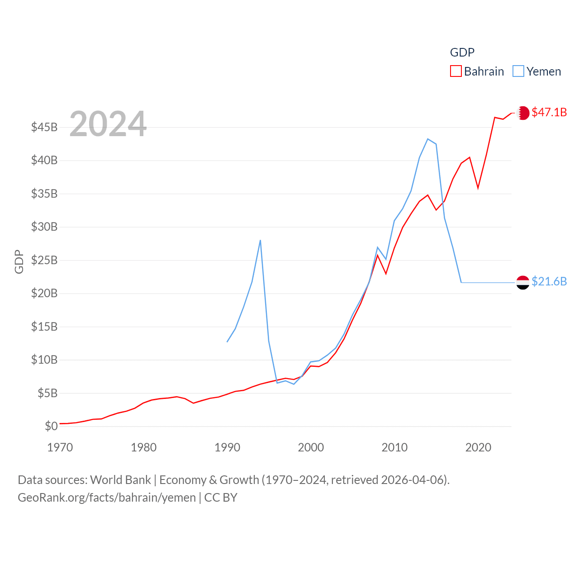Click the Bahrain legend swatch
point(456,71)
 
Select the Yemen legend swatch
point(518,71)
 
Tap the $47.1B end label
point(549,112)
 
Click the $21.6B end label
point(549,281)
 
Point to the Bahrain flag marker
point(523,113)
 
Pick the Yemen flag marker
point(523,282)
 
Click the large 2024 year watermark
point(108,123)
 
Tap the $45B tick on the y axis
point(44,127)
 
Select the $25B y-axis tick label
point(44,260)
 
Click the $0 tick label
point(51,426)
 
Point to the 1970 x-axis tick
point(60,447)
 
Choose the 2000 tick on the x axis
point(311,447)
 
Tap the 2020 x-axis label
point(478,447)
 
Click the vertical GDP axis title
point(19,261)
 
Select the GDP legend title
point(462,52)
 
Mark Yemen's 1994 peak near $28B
point(261,240)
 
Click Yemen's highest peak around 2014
point(427,139)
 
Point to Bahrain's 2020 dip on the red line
point(478,188)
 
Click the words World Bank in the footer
point(120,479)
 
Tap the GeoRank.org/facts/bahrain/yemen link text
point(107,498)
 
